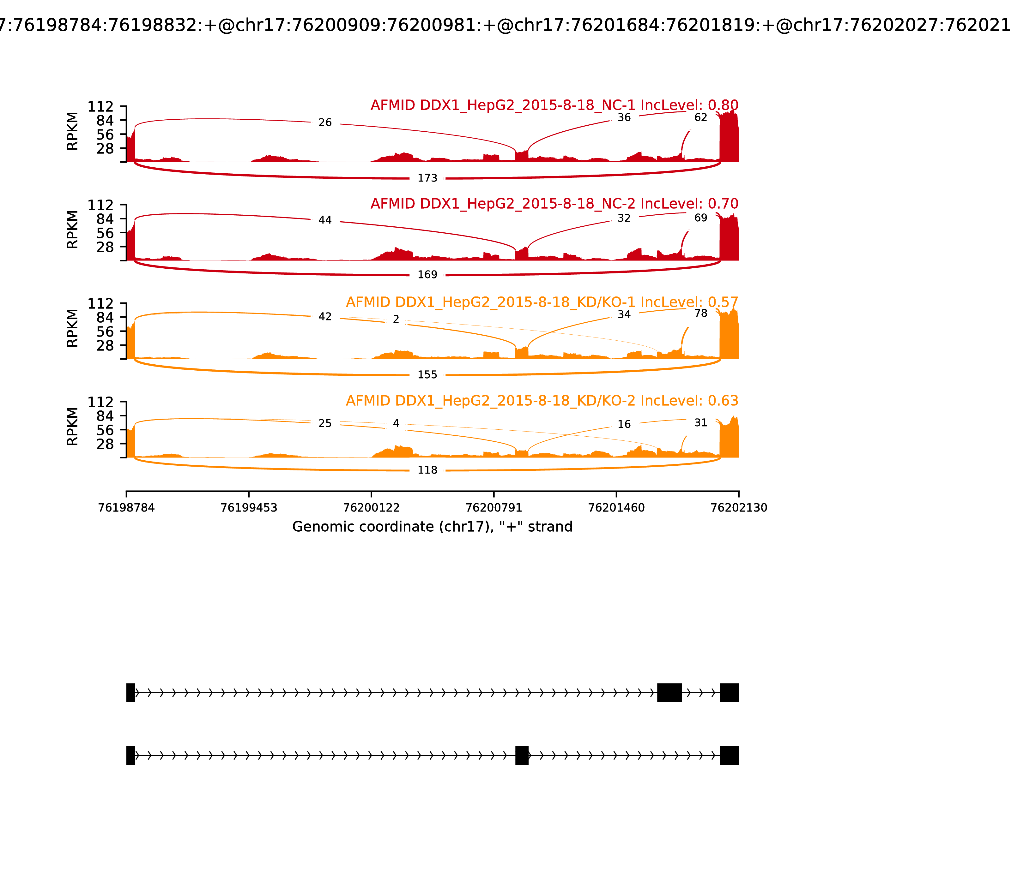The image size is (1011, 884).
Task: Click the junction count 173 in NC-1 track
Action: click(x=427, y=178)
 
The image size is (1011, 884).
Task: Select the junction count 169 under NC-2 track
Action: click(x=427, y=275)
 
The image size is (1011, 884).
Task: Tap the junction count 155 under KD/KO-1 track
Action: click(x=427, y=375)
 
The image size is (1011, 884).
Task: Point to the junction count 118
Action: click(x=427, y=470)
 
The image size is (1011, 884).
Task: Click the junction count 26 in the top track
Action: click(x=325, y=122)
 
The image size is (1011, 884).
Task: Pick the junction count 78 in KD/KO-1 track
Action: click(x=700, y=313)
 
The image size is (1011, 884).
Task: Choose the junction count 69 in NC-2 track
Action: click(x=700, y=218)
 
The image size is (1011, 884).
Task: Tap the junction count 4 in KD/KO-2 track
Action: click(x=396, y=423)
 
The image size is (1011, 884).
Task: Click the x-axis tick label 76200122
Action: click(x=371, y=508)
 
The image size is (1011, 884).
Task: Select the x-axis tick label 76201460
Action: click(x=617, y=508)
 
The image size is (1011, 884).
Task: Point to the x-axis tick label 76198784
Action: click(x=126, y=508)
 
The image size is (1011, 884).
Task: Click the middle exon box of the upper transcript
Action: click(x=669, y=693)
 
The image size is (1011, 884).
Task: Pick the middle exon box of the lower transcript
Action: click(x=522, y=755)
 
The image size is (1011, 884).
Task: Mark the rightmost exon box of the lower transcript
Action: click(x=729, y=755)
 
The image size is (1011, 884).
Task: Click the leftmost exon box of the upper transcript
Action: click(x=131, y=693)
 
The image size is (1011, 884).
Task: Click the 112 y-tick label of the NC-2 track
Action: click(x=101, y=205)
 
